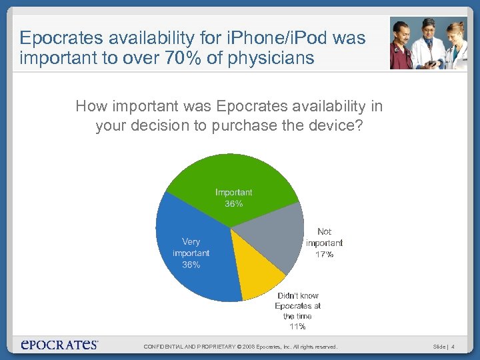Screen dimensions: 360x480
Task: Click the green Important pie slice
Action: (x=233, y=177)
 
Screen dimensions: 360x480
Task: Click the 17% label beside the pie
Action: (x=324, y=255)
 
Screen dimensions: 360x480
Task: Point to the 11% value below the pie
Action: (x=297, y=327)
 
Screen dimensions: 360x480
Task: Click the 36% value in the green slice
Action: (x=233, y=204)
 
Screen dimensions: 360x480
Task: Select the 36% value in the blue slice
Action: (x=191, y=265)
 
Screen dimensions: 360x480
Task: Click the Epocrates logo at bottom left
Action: (x=59, y=345)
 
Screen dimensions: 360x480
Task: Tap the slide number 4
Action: (x=453, y=347)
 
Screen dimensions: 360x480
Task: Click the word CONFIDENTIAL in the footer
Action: (x=163, y=347)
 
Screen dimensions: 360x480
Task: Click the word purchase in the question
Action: (x=241, y=126)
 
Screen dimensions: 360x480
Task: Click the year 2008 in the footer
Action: (x=248, y=347)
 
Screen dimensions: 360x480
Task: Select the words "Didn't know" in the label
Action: (x=298, y=295)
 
